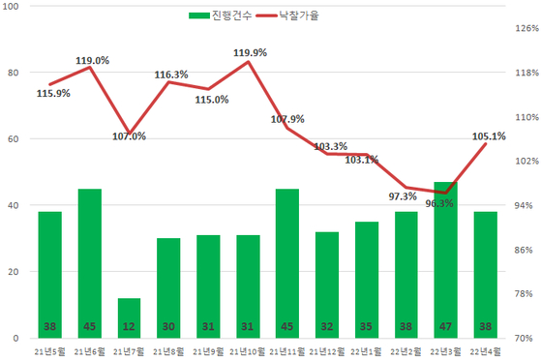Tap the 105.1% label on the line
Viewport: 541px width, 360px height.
tap(488, 136)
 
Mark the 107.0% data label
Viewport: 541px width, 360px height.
tap(129, 136)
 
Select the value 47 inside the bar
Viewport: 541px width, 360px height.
tap(445, 326)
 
